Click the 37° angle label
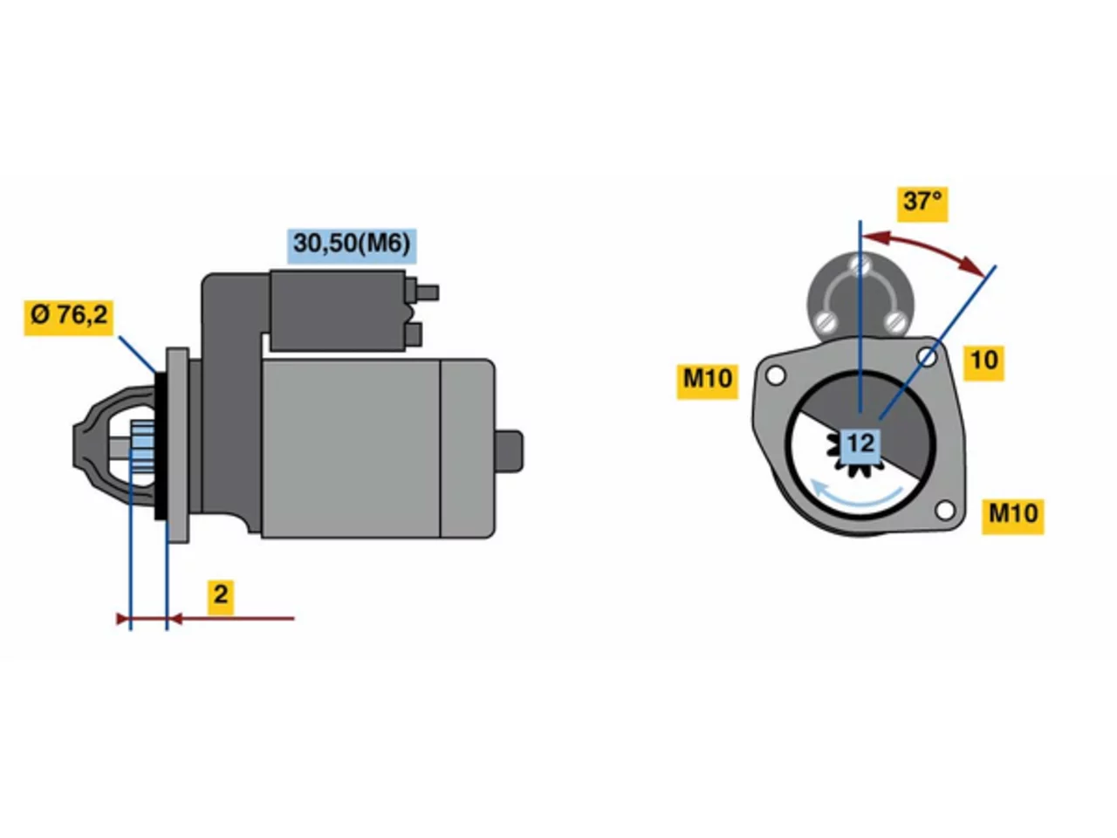point(922,203)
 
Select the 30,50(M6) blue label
point(351,246)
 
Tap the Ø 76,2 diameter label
point(69,318)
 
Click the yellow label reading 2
point(221,597)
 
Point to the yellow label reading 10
point(983,363)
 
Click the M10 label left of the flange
point(707,381)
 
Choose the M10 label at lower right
point(1012,517)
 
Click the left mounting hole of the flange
point(775,376)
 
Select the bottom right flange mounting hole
point(945,511)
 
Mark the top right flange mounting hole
point(927,357)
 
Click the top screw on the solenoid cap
point(860,264)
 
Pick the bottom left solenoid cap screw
point(826,321)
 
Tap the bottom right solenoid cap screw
point(894,321)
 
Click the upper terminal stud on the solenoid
point(428,292)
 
